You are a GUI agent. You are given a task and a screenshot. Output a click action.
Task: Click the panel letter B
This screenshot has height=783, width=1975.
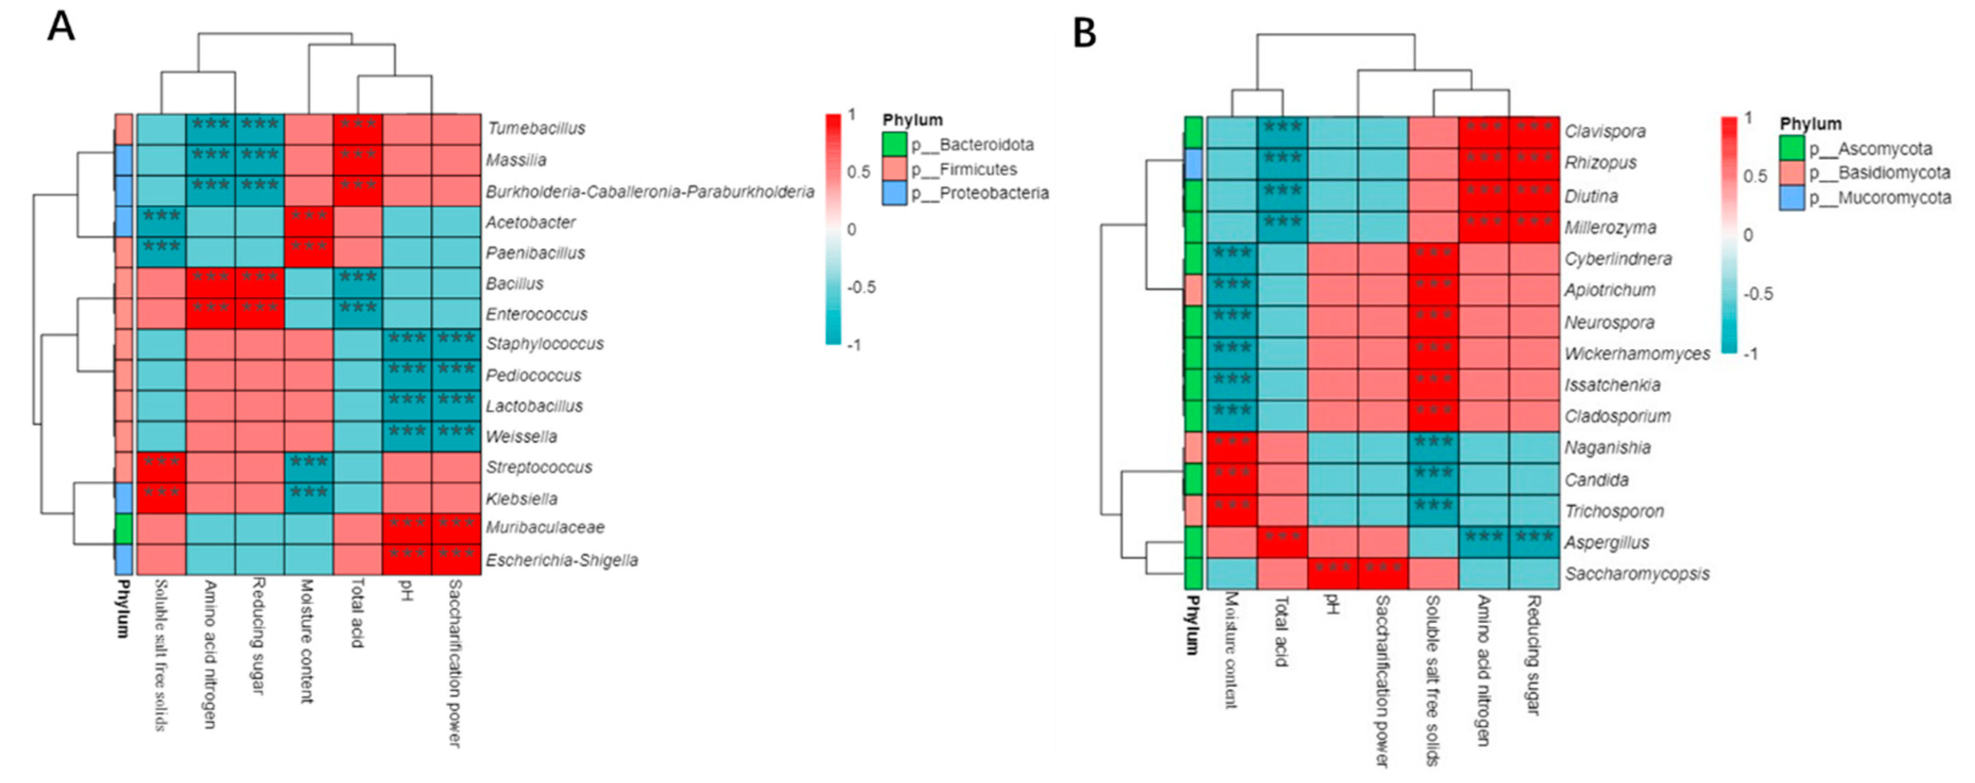1084,33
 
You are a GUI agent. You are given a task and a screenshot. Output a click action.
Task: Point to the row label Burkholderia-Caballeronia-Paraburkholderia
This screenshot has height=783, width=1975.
649,191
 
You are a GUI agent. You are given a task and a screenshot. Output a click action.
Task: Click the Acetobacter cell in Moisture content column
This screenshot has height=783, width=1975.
309,222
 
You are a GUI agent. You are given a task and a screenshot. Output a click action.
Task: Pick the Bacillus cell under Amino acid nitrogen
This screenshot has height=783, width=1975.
210,283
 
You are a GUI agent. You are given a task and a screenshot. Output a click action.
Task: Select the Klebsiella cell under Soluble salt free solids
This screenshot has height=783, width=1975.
161,499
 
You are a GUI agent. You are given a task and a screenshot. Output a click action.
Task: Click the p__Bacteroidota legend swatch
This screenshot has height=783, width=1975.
894,144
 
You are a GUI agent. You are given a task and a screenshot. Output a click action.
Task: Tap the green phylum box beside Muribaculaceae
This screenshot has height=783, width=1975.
123,528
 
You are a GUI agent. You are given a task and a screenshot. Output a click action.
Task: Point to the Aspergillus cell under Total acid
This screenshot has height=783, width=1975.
1282,542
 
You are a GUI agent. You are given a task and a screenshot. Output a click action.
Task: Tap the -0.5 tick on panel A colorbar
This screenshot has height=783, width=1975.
860,287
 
